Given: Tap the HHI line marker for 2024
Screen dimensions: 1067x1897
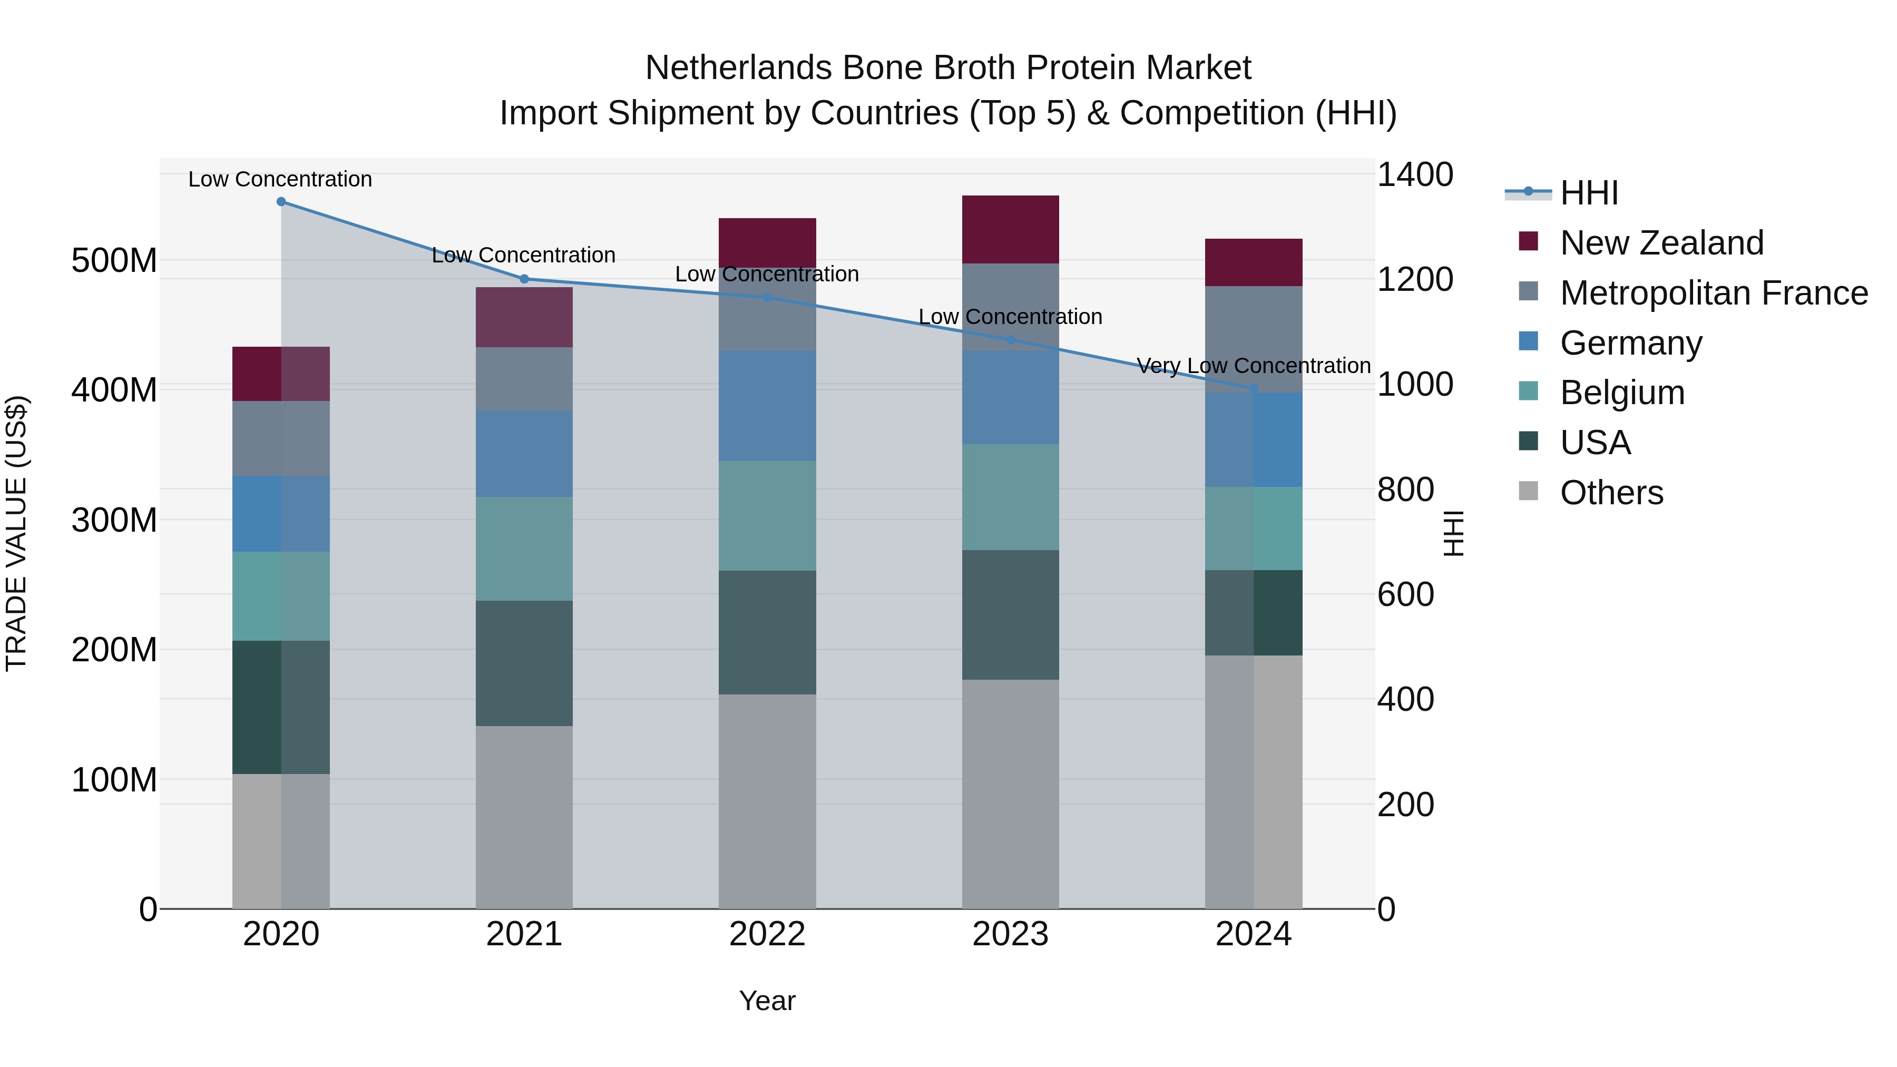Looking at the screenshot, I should coord(1254,388).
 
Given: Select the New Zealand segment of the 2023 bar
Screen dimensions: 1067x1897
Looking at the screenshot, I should coord(1010,229).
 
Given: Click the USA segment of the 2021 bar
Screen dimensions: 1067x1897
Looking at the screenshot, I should coord(524,663).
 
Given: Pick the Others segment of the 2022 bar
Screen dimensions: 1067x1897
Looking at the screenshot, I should coord(767,800).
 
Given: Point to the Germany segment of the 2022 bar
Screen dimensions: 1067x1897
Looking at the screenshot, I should coord(767,405).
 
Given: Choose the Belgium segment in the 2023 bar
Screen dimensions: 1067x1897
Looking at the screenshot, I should coord(1010,496).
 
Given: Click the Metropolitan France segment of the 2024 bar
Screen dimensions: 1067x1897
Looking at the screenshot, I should coord(1254,339).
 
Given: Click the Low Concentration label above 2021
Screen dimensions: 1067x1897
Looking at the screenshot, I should coord(524,255).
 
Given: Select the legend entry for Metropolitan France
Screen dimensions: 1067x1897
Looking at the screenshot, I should coord(1713,293).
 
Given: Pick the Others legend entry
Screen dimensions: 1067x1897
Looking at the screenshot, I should coord(1611,493).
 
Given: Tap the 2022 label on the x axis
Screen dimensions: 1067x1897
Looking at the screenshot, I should coord(767,934).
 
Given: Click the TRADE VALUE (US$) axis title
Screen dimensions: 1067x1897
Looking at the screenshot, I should coord(16,533).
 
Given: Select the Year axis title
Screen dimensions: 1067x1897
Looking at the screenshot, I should coord(767,1001).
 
